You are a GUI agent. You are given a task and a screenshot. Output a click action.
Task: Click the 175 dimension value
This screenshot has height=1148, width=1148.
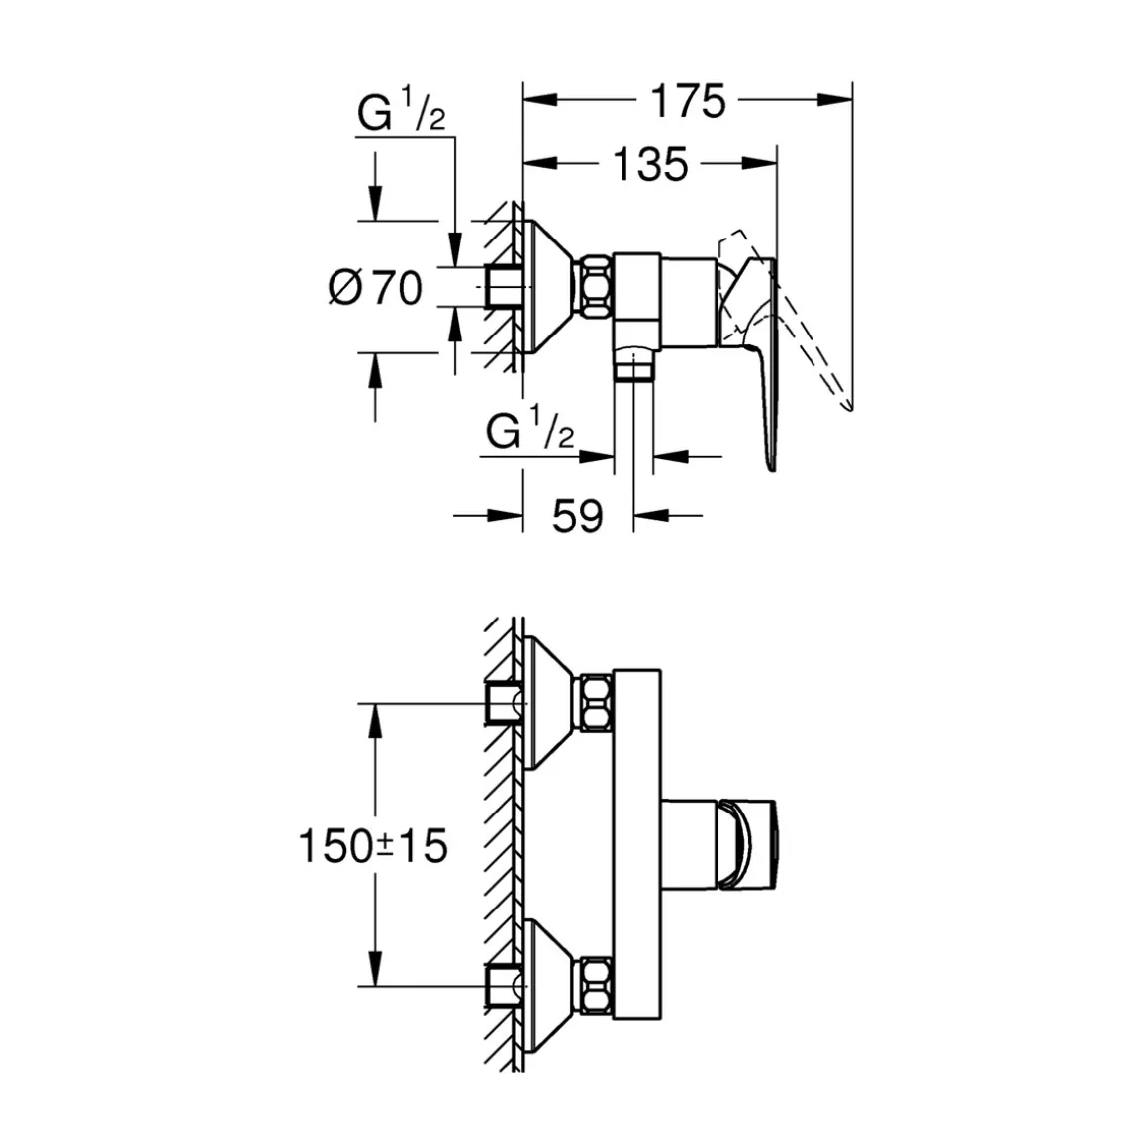click(x=688, y=101)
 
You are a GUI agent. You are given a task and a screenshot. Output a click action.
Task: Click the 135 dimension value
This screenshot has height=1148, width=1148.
click(x=649, y=164)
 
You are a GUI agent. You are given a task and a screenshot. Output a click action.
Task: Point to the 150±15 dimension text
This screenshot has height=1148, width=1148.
click(x=374, y=846)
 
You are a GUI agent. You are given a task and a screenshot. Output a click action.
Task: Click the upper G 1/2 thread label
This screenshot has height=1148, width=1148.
click(x=402, y=115)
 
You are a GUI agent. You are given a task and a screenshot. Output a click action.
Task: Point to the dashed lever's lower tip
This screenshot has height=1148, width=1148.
click(x=849, y=405)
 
